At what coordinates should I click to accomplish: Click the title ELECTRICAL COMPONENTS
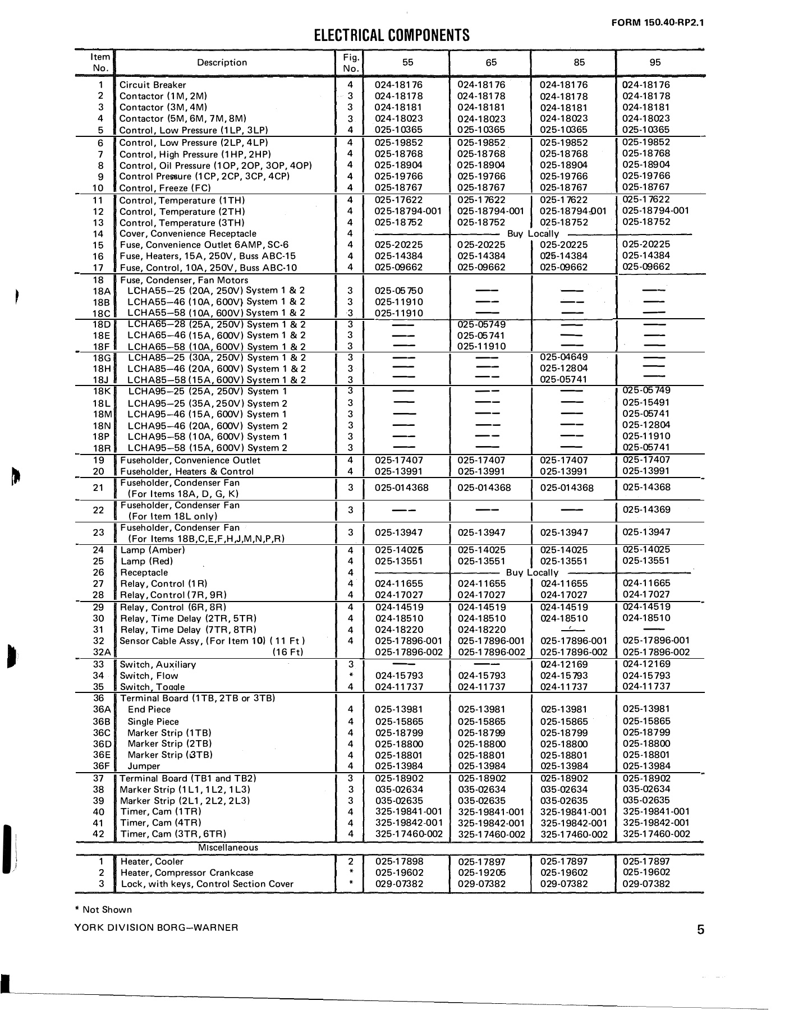(x=391, y=36)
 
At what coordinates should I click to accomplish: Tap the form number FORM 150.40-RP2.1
(x=657, y=23)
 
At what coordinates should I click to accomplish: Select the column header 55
(x=407, y=63)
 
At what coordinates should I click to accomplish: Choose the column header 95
(x=655, y=63)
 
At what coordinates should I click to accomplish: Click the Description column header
(x=222, y=63)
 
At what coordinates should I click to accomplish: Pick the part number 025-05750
(x=398, y=291)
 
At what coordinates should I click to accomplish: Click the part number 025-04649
(x=563, y=357)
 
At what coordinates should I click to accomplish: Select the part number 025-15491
(x=646, y=402)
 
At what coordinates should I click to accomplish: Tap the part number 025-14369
(x=646, y=510)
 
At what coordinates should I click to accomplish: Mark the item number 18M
(x=103, y=414)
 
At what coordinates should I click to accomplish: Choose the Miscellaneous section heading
(x=228, y=848)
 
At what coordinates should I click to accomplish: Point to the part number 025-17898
(x=399, y=861)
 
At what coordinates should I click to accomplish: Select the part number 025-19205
(x=481, y=873)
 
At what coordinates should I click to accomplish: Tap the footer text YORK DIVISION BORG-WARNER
(x=156, y=928)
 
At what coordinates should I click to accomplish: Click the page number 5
(x=700, y=930)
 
